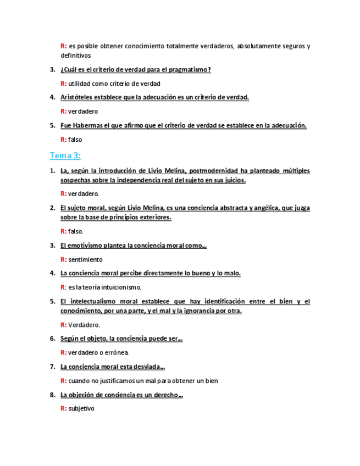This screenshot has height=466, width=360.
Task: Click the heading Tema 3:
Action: [65, 156]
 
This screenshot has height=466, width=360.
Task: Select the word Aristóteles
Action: [77, 97]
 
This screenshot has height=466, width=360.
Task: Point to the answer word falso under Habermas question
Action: [75, 140]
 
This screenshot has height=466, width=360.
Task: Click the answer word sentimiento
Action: [86, 259]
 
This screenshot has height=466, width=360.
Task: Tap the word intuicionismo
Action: [120, 287]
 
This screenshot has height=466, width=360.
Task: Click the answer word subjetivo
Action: [82, 408]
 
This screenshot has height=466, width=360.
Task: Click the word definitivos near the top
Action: [76, 56]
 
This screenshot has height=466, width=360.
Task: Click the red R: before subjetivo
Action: [64, 408]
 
